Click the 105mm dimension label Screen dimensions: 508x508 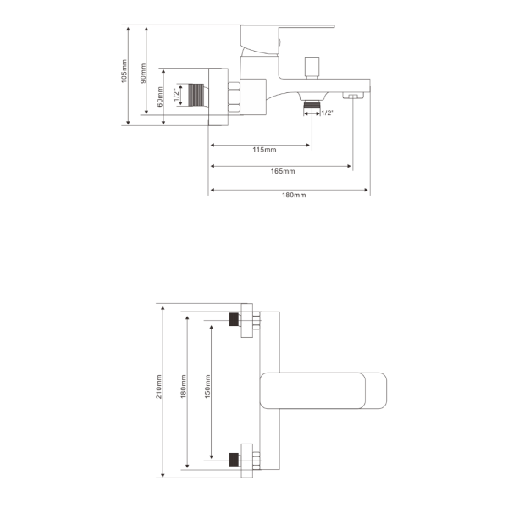pyautogui.click(x=124, y=71)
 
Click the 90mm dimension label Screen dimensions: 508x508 pyautogui.click(x=143, y=73)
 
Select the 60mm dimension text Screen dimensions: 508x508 pyautogui.click(x=160, y=97)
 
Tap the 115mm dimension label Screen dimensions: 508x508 pyautogui.click(x=264, y=150)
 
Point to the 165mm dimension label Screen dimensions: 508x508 pyautogui.click(x=283, y=171)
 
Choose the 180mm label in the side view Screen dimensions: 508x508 pyautogui.click(x=294, y=195)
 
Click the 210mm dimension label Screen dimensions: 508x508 pyautogui.click(x=159, y=387)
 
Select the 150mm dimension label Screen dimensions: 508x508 pyautogui.click(x=208, y=386)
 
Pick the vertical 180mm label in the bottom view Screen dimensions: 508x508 pyautogui.click(x=184, y=386)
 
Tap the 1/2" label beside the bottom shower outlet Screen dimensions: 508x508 pyautogui.click(x=328, y=113)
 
